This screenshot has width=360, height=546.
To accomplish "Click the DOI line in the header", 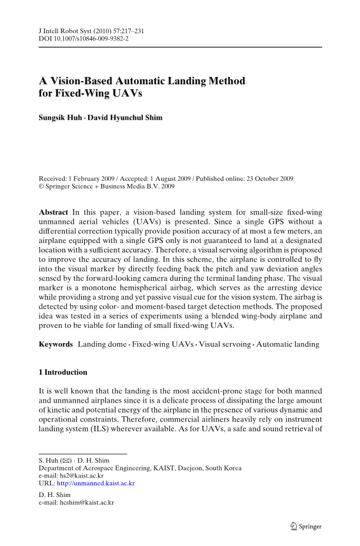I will coord(84,39).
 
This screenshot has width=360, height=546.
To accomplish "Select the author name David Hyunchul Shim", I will coord(125,118).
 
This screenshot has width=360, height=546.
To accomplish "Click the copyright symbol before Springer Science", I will coord(42,187).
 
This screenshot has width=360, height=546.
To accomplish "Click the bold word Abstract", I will coord(53,212).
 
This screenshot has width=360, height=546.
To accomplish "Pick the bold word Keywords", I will coord(56,344).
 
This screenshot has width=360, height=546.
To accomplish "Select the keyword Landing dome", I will coord(102,344).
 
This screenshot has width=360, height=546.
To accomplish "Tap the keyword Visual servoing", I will coord(225,344).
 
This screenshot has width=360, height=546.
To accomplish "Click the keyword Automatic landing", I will coord(288,344).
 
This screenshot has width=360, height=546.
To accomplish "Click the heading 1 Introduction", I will coord(63,372).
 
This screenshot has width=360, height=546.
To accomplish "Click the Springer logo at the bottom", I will coord(306,526).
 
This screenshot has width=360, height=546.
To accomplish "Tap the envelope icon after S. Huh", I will coord(67,461).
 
